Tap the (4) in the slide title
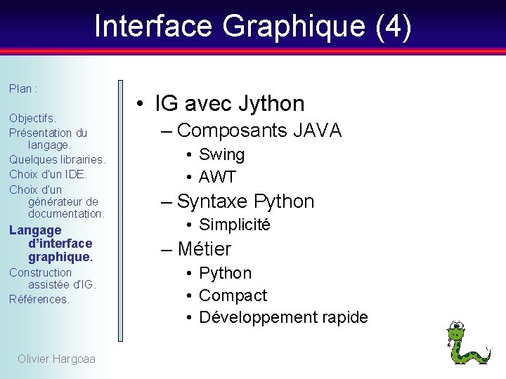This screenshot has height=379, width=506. point(394,27)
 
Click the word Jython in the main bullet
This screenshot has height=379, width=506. point(271,104)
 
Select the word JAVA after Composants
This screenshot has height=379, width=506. point(318,131)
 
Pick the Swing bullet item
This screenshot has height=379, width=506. point(221,154)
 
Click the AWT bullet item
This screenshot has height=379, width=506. point(217,177)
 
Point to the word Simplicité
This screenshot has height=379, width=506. point(235,225)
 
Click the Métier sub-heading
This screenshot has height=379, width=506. point(205,249)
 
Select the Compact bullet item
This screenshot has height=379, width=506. point(233,295)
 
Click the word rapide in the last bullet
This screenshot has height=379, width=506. point(344,317)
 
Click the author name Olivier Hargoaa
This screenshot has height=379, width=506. point(56,359)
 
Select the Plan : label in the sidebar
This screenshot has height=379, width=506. point(23,89)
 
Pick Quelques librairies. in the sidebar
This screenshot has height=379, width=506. point(57,159)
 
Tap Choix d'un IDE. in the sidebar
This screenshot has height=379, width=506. point(48,174)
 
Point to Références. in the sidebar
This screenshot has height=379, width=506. point(39,299)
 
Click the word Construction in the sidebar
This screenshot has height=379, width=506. point(41,272)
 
